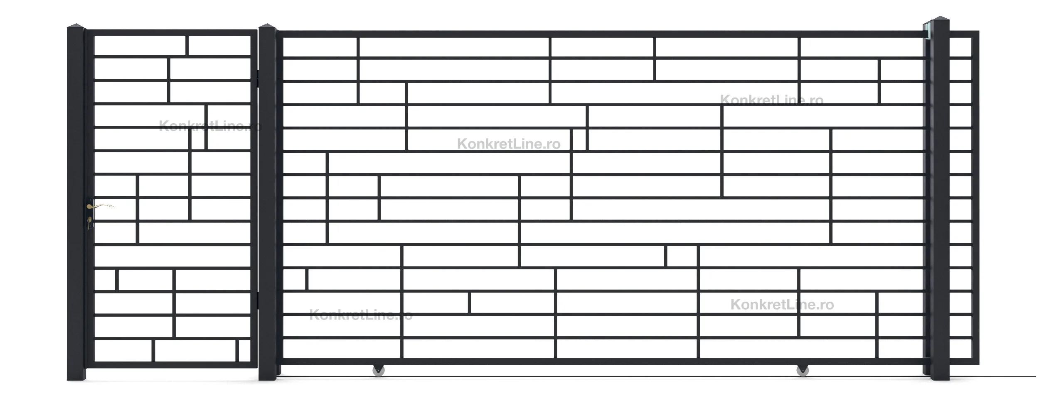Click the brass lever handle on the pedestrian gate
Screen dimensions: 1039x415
[x=100, y=206]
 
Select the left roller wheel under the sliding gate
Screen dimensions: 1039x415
[x=378, y=370]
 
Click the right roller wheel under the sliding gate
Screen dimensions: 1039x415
[x=803, y=370]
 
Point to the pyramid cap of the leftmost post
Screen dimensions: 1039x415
[x=76, y=26]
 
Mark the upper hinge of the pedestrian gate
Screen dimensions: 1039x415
[x=258, y=79]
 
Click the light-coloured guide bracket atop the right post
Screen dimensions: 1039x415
[x=926, y=33]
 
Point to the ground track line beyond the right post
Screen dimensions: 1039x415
[x=993, y=376]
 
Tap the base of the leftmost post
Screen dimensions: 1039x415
[x=76, y=373]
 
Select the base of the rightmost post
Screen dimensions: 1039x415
[x=940, y=373]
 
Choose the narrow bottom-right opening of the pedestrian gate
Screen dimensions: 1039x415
[x=244, y=351]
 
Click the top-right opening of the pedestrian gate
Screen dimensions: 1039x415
[x=219, y=45]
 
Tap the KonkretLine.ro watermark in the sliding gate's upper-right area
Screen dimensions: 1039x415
[x=771, y=100]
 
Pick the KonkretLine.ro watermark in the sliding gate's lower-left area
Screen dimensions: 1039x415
[x=361, y=315]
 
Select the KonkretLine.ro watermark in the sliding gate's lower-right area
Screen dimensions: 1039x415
[x=782, y=305]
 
